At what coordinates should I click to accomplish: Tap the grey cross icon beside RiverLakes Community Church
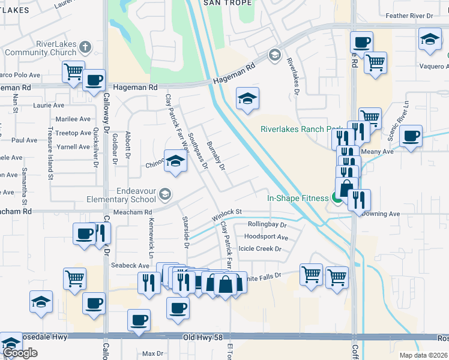pos(85,46)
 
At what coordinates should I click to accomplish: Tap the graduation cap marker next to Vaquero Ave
pos(429,40)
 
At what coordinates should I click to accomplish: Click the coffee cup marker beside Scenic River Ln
pos(411,136)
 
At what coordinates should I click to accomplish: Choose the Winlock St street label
pos(226,212)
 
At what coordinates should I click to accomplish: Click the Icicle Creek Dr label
pos(260,249)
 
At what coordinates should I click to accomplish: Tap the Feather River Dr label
pos(426,16)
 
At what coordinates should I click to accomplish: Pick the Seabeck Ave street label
pos(130,266)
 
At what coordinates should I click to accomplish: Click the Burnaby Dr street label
pos(215,155)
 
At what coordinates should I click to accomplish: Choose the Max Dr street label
pos(152,354)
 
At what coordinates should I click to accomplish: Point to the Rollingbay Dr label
pos(267,226)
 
